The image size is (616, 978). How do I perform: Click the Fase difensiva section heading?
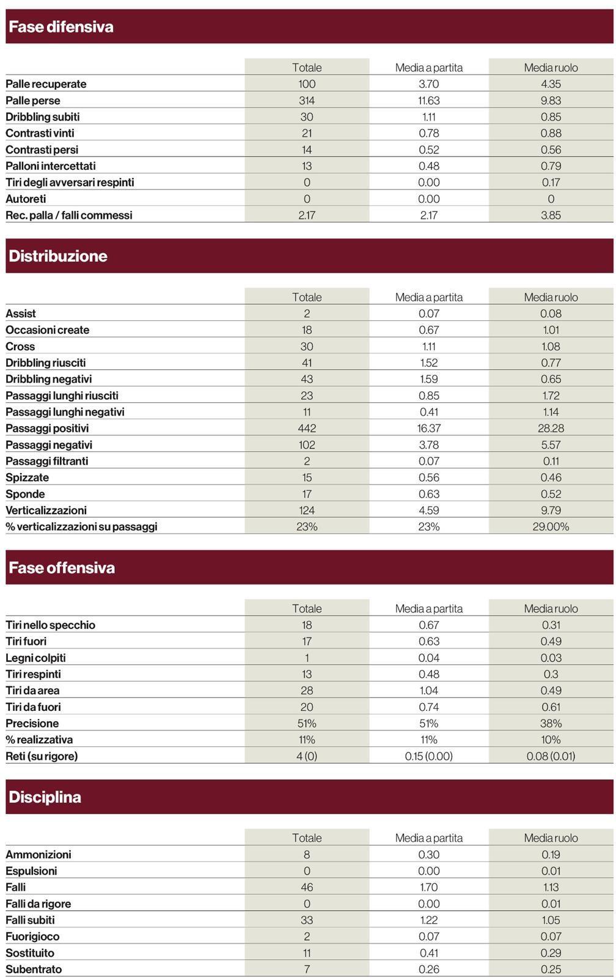[x=61, y=27]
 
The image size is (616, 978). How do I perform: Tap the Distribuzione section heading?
[x=58, y=256]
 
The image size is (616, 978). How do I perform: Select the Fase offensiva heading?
[x=62, y=568]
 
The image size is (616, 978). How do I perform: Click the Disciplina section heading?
[x=45, y=798]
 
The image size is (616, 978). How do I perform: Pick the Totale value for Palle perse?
[x=307, y=100]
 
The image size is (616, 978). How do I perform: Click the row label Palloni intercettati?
[x=51, y=166]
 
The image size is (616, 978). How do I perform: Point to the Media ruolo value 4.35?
[x=551, y=84]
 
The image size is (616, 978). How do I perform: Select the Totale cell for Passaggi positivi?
[x=307, y=428]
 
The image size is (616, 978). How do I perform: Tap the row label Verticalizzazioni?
[x=46, y=510]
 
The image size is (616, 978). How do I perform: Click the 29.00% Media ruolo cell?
[x=551, y=527]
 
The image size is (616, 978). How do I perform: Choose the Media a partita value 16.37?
[x=429, y=428]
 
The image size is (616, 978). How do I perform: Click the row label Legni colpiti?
[x=36, y=658]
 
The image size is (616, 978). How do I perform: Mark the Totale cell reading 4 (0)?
[x=307, y=756]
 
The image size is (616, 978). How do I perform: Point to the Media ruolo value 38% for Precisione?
[x=551, y=724]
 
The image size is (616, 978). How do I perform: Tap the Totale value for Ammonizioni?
[x=307, y=855]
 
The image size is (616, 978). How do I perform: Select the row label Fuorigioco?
[x=33, y=937]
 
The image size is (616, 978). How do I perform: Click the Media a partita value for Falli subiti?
[x=429, y=921]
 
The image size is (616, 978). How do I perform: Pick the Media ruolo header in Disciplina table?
[x=551, y=838]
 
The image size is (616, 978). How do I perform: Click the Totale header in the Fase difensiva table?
[x=307, y=68]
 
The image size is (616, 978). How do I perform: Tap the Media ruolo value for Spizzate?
[x=551, y=477]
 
